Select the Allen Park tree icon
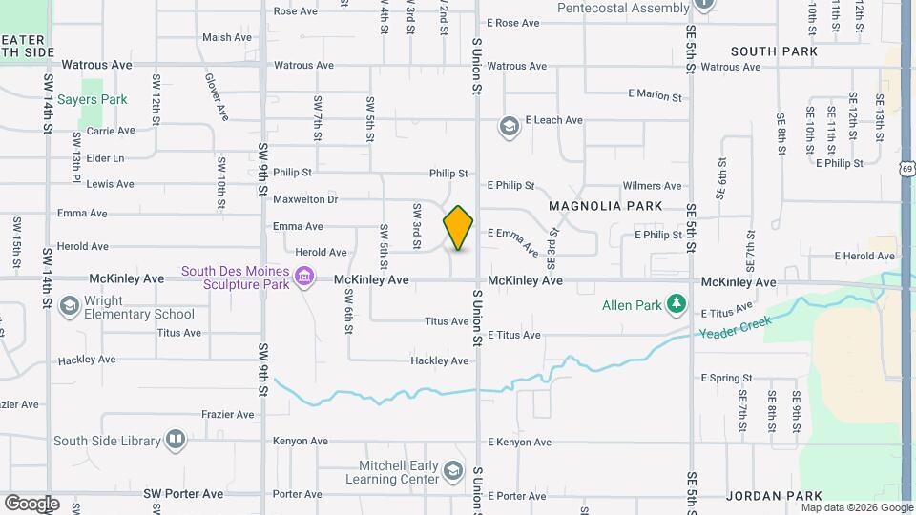tap(677, 304)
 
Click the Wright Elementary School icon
tap(68, 306)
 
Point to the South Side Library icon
tap(175, 440)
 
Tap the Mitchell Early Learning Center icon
tap(453, 472)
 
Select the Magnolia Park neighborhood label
tap(605, 206)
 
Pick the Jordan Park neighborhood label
tap(774, 496)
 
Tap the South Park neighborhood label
tap(774, 51)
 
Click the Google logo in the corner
tap(31, 503)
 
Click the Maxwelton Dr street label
tap(305, 199)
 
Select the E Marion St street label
tap(655, 96)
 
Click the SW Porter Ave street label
tap(183, 494)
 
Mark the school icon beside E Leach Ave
tap(509, 127)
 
